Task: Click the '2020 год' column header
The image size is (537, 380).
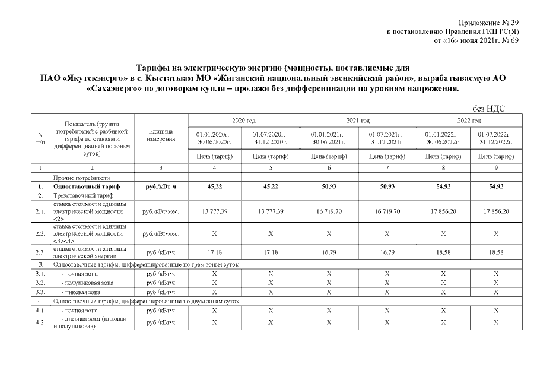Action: pos(243,121)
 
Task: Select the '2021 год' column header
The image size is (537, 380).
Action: pos(358,121)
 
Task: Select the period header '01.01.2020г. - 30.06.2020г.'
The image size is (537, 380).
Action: pos(214,140)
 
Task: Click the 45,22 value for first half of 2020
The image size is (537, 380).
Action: pos(214,187)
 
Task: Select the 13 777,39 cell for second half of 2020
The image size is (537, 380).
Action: pos(271,211)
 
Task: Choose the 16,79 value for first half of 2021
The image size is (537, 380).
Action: pos(328,252)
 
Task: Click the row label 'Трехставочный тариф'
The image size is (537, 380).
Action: pos(79,195)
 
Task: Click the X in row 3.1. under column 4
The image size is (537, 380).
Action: pos(214,274)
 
